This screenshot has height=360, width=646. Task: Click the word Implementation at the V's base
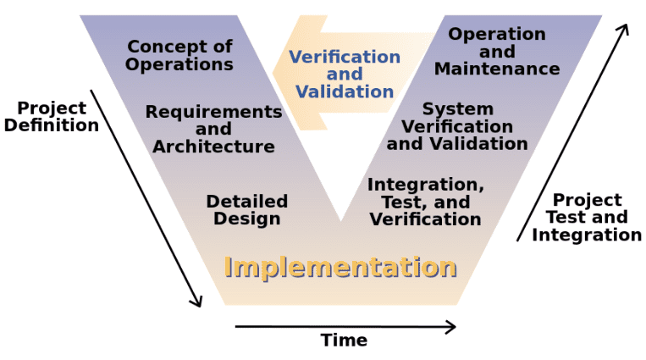tap(340, 267)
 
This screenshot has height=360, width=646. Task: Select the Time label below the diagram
tap(344, 341)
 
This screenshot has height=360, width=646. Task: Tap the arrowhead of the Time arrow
tap(451, 327)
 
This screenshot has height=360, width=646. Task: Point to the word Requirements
tap(214, 112)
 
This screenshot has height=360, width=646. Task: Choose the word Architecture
tap(214, 147)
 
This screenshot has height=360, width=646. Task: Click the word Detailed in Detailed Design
tap(247, 202)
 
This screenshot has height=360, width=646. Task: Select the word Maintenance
tap(497, 69)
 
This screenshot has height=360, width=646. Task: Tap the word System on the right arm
tap(458, 109)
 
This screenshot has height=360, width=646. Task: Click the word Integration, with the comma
tap(426, 185)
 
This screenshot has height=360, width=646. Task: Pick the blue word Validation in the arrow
tap(345, 91)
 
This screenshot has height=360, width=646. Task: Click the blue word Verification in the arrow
tap(345, 57)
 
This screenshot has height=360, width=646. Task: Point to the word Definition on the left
tap(52, 125)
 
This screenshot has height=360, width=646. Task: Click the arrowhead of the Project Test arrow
tap(624, 30)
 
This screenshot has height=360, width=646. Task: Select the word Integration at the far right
tap(587, 235)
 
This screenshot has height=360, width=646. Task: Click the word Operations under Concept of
tap(179, 64)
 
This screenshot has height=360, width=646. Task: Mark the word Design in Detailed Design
tap(247, 219)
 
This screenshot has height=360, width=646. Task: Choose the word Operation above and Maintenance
tap(497, 34)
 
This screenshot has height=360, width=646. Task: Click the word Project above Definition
tap(52, 108)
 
